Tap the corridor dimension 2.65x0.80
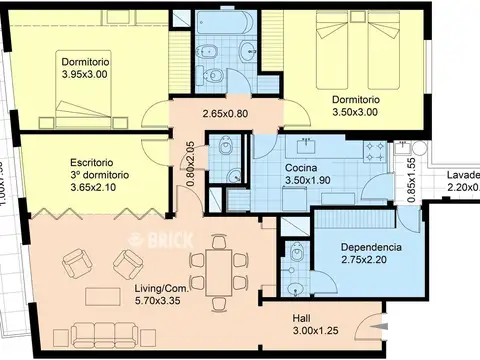[225, 113]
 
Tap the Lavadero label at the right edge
[462, 179]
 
